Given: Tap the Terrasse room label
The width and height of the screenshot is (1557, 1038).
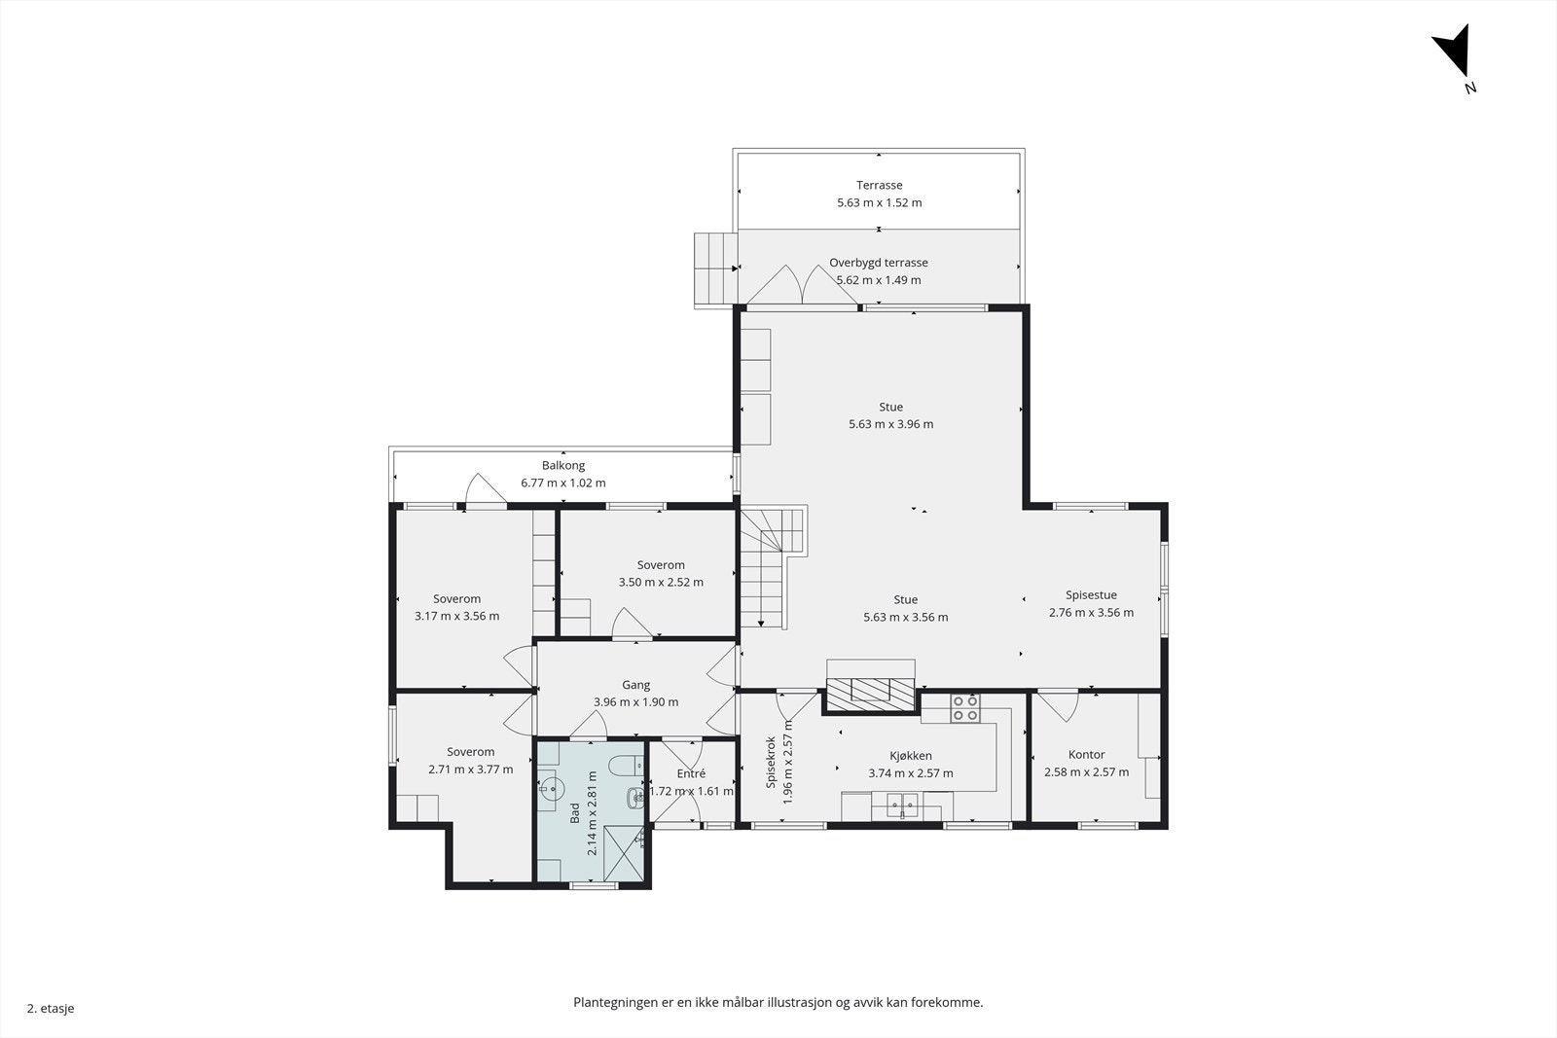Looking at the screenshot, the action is (x=880, y=185).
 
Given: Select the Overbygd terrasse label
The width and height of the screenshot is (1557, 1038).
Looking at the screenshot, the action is (x=879, y=263).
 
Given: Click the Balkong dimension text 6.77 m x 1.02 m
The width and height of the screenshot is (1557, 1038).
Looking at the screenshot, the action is (x=563, y=483).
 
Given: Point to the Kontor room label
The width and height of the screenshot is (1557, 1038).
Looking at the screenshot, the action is (x=1086, y=755).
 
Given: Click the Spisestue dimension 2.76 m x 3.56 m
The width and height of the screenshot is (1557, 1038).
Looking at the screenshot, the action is (x=1091, y=613).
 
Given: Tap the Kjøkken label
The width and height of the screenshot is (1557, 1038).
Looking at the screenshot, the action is (x=911, y=756).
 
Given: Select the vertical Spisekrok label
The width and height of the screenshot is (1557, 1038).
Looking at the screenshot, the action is (x=771, y=762).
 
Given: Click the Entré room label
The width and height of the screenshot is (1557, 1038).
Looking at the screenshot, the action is (x=691, y=773).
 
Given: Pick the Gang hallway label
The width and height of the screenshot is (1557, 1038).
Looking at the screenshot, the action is (x=636, y=685).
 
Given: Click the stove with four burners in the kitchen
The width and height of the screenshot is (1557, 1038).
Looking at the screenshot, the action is (x=965, y=708).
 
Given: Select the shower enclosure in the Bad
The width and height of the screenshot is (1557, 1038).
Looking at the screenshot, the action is (x=624, y=853).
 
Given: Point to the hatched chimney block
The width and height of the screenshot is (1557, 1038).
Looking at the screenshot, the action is (x=870, y=695).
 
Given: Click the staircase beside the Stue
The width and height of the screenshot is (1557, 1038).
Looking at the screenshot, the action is (x=773, y=567).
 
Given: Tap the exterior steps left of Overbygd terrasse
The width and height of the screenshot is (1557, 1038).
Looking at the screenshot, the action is (x=716, y=268).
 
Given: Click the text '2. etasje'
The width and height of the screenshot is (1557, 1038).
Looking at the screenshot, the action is (x=51, y=1008).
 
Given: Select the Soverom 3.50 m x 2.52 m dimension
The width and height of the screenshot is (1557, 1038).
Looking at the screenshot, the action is (x=661, y=582).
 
